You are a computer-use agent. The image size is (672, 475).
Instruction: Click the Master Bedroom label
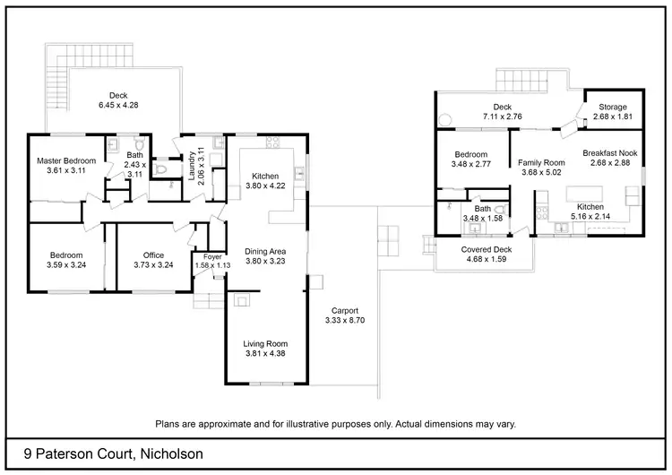(x=65, y=161)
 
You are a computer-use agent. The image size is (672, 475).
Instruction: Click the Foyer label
(x=212, y=257)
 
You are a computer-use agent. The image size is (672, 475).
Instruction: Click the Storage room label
(x=613, y=107)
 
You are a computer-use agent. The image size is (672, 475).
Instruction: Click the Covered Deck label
(x=486, y=250)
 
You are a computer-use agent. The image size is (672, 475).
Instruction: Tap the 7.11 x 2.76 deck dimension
(x=502, y=117)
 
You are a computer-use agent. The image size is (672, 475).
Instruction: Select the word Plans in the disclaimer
(x=170, y=423)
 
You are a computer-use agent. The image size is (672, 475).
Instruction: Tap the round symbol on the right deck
(x=444, y=117)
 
